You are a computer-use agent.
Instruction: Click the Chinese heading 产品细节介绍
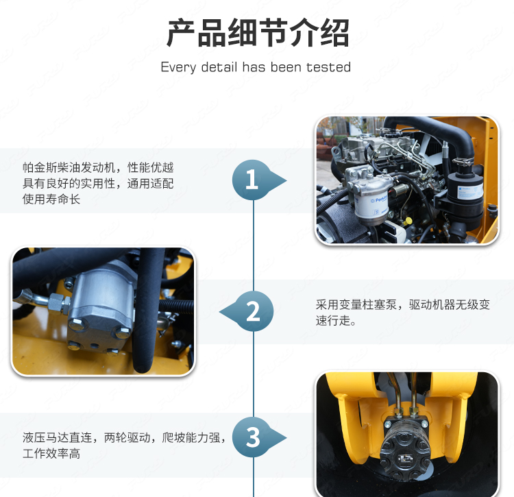pos(258,33)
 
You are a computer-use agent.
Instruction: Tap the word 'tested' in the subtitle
pos(328,67)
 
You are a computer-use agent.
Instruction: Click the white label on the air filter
pos(469,191)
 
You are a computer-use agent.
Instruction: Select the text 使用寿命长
pos(51,199)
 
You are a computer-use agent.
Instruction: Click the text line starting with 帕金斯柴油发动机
pos(98,167)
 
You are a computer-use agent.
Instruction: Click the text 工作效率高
pos(51,453)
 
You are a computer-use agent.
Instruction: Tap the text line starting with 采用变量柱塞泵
pos(403,305)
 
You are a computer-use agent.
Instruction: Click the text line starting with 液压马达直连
pos(124,437)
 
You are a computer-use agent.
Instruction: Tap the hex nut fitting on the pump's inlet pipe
pos(59,303)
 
